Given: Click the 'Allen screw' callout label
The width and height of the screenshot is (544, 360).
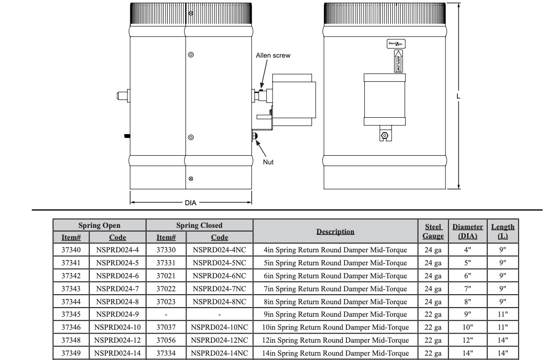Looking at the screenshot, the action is point(273,56).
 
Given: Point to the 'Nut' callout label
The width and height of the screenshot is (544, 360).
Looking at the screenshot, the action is point(268,162).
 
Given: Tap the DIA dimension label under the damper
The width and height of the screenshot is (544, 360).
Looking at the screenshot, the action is point(190,203).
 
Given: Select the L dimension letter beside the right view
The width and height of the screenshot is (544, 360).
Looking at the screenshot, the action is point(458,96).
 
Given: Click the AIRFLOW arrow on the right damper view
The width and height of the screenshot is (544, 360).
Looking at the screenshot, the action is point(398,61).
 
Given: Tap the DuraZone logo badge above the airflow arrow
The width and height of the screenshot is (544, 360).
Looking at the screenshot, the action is point(396,44).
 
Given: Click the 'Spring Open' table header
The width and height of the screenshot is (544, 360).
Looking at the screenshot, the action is point(99,225).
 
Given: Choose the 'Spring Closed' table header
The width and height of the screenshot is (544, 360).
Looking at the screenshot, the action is point(199,225).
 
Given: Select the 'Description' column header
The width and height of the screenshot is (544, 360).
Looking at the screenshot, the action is point(335,232).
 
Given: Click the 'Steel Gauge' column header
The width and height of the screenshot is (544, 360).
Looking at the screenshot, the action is point(433,231).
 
